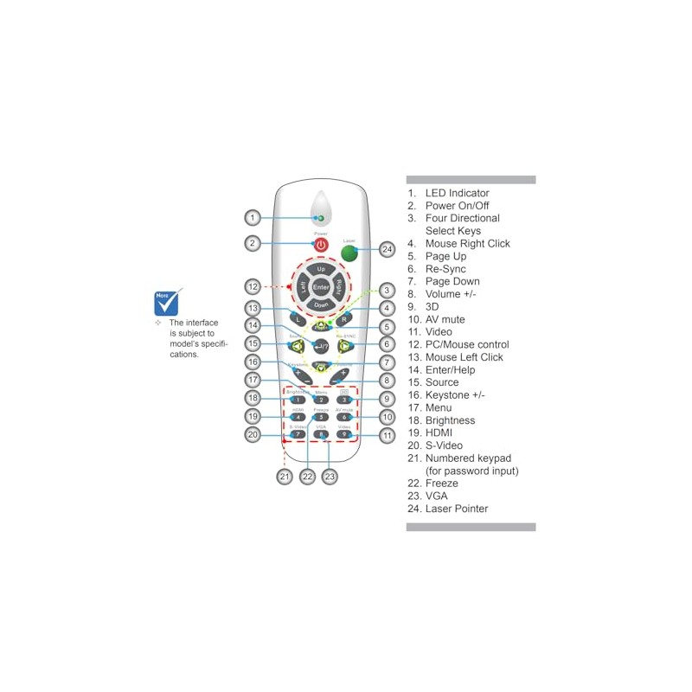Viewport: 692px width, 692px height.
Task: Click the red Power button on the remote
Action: tap(321, 246)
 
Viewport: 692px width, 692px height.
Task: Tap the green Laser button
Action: tap(349, 253)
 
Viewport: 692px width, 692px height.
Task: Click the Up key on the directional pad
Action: tap(321, 270)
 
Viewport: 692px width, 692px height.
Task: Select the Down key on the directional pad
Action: tap(321, 304)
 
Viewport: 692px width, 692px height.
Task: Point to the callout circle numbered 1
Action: tap(251, 217)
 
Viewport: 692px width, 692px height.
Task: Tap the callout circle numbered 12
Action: tap(252, 286)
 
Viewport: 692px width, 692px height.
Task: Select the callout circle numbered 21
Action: tap(284, 476)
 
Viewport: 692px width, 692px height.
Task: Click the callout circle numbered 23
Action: tap(329, 476)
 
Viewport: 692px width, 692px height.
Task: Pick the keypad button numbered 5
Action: tap(321, 417)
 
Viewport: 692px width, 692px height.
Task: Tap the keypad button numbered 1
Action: tap(298, 400)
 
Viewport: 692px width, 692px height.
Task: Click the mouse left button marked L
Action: tap(298, 319)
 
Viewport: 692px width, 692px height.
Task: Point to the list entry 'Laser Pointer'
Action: tap(457, 509)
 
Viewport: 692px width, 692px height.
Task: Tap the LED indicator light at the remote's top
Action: tap(320, 219)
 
